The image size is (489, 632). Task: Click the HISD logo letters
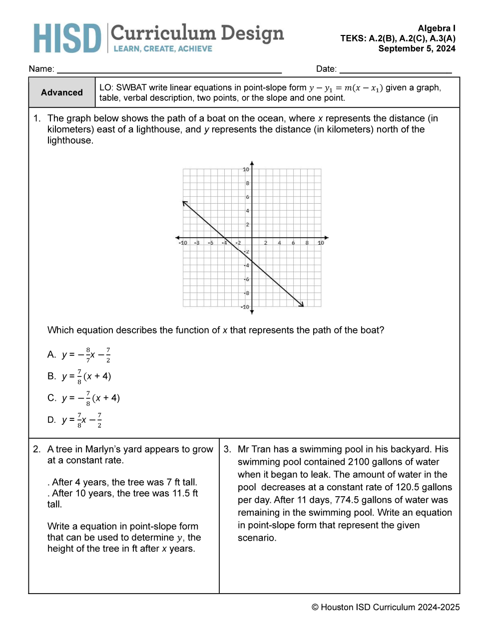coord(67,38)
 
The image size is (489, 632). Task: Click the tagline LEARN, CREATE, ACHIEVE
coord(163,49)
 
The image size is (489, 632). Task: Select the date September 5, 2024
coord(417,48)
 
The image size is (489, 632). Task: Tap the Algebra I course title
coord(437,28)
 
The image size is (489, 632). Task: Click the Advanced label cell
coord(62,92)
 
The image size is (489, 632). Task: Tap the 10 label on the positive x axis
coord(321,243)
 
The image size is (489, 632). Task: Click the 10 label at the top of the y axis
coord(246,170)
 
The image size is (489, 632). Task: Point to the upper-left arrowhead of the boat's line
coord(184,203)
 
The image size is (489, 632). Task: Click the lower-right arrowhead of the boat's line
coord(302,305)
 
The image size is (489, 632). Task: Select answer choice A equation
coord(86,355)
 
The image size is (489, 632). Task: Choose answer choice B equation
coord(86,376)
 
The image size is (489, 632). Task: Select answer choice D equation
coord(82,420)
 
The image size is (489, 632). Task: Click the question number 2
coord(36,449)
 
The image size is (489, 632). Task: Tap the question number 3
coord(227,449)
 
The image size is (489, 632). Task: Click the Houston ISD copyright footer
coord(385,607)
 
